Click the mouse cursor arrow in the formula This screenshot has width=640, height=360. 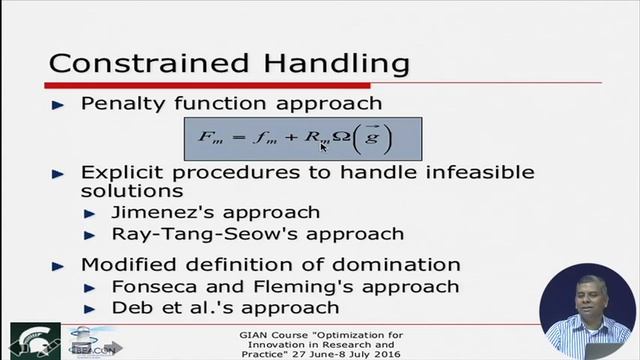click(325, 146)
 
